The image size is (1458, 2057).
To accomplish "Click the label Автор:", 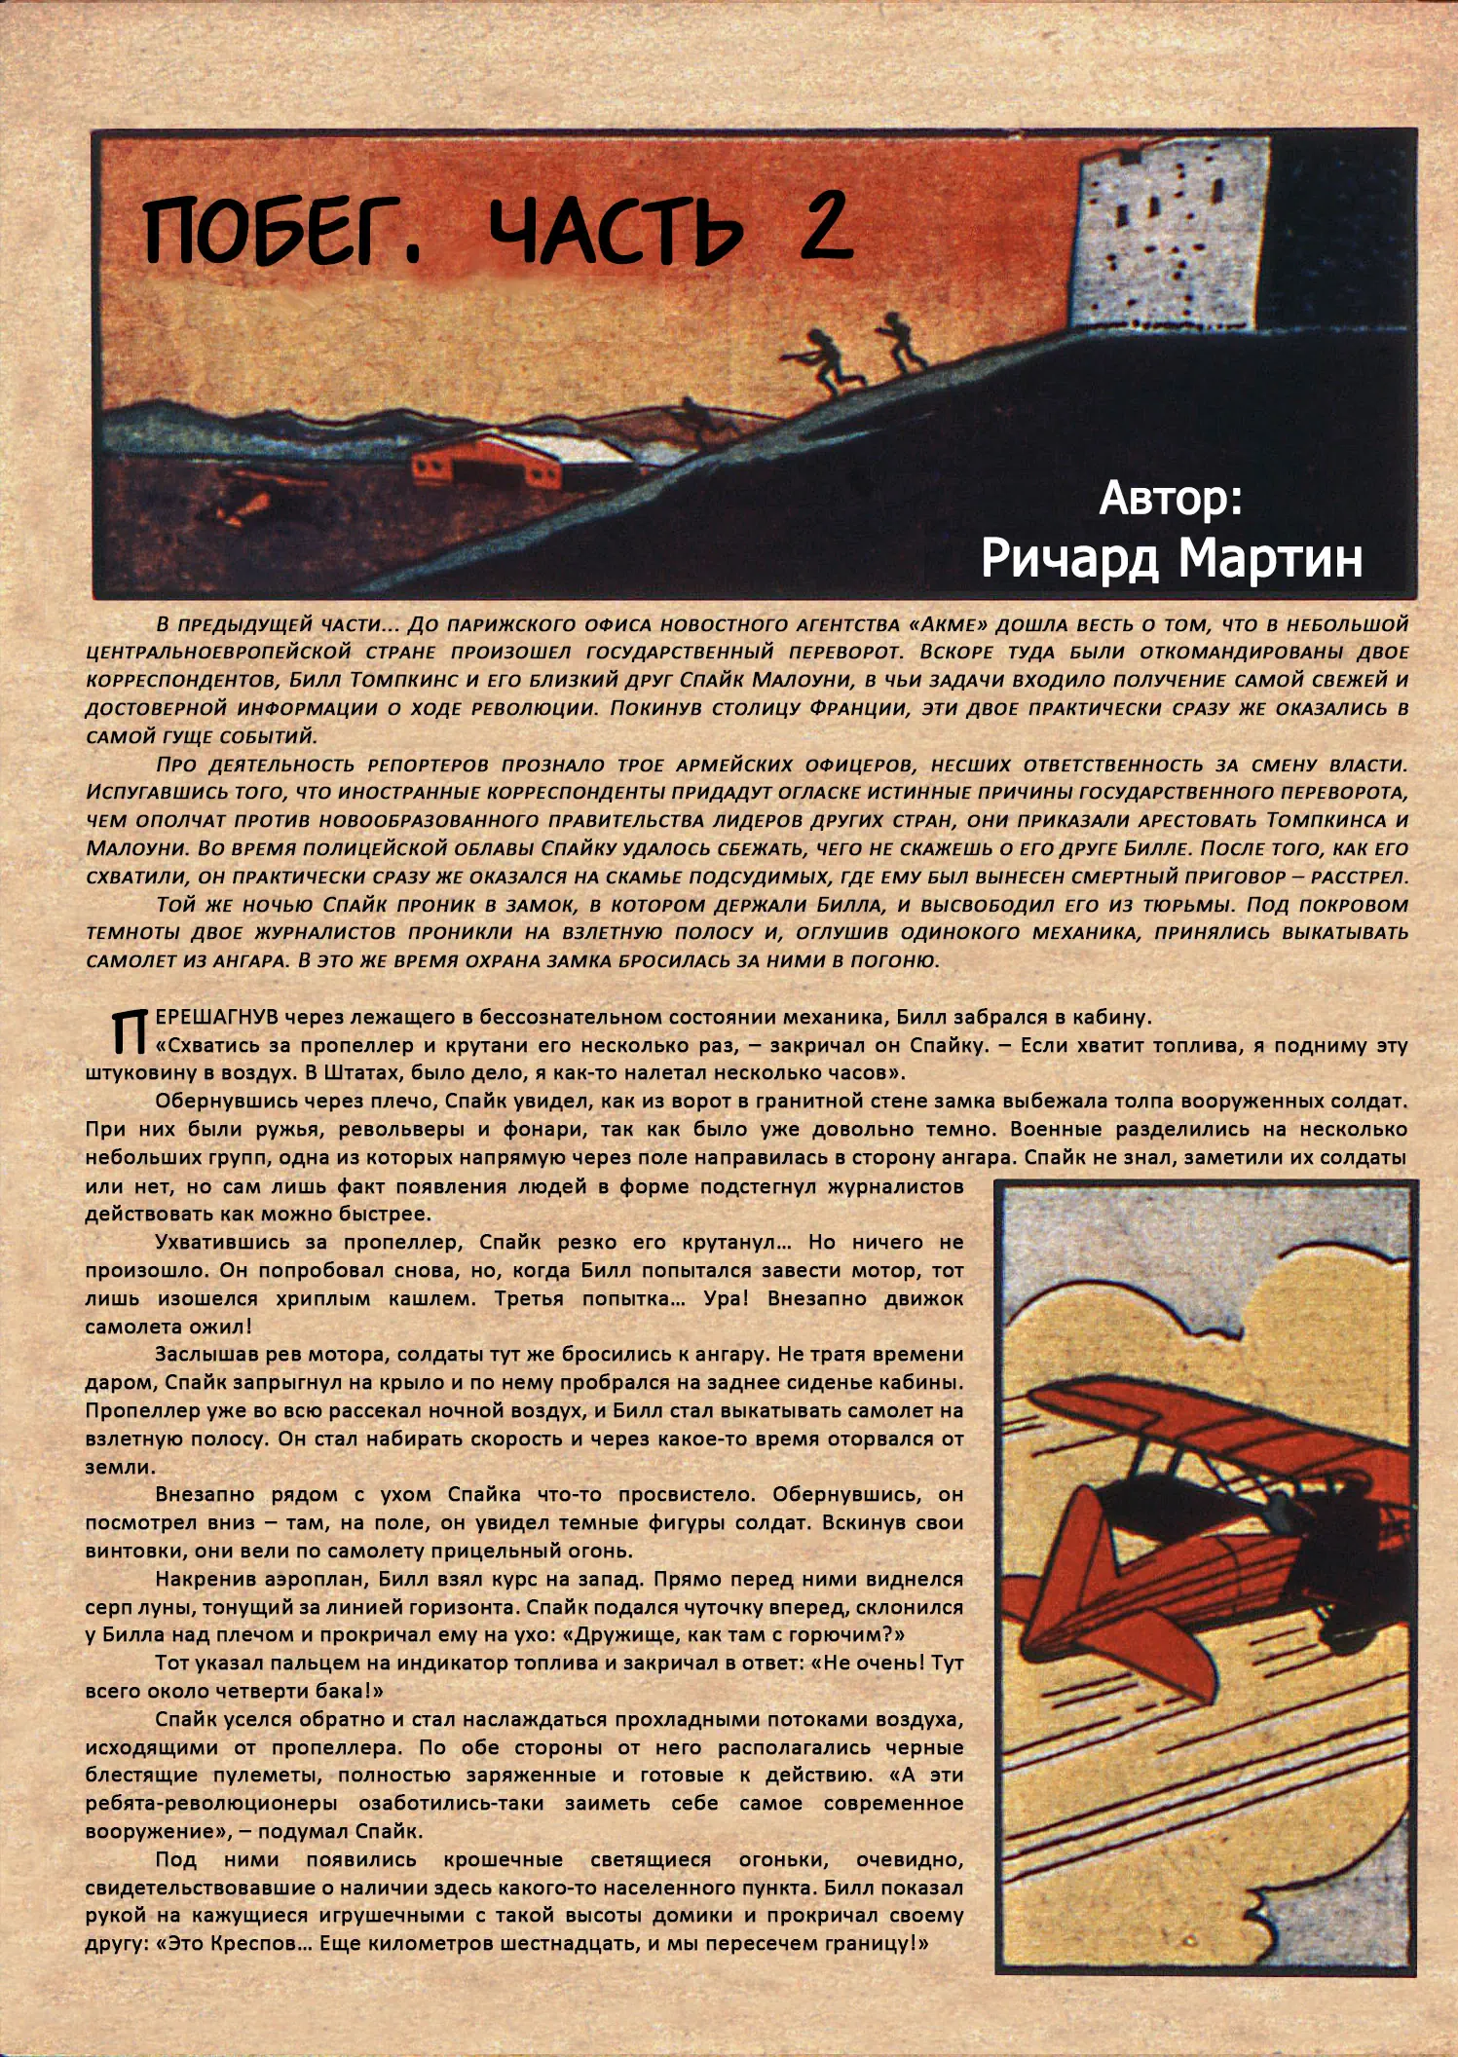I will click(x=1171, y=499).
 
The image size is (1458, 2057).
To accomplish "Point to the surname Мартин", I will click(x=1270, y=558).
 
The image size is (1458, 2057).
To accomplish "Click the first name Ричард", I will click(x=1070, y=558).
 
